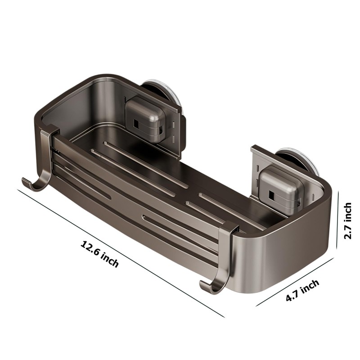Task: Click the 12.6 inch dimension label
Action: (99, 254)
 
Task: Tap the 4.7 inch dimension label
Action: (302, 290)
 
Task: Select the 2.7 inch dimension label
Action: (347, 221)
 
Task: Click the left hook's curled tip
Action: (26, 181)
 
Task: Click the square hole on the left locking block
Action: (136, 124)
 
